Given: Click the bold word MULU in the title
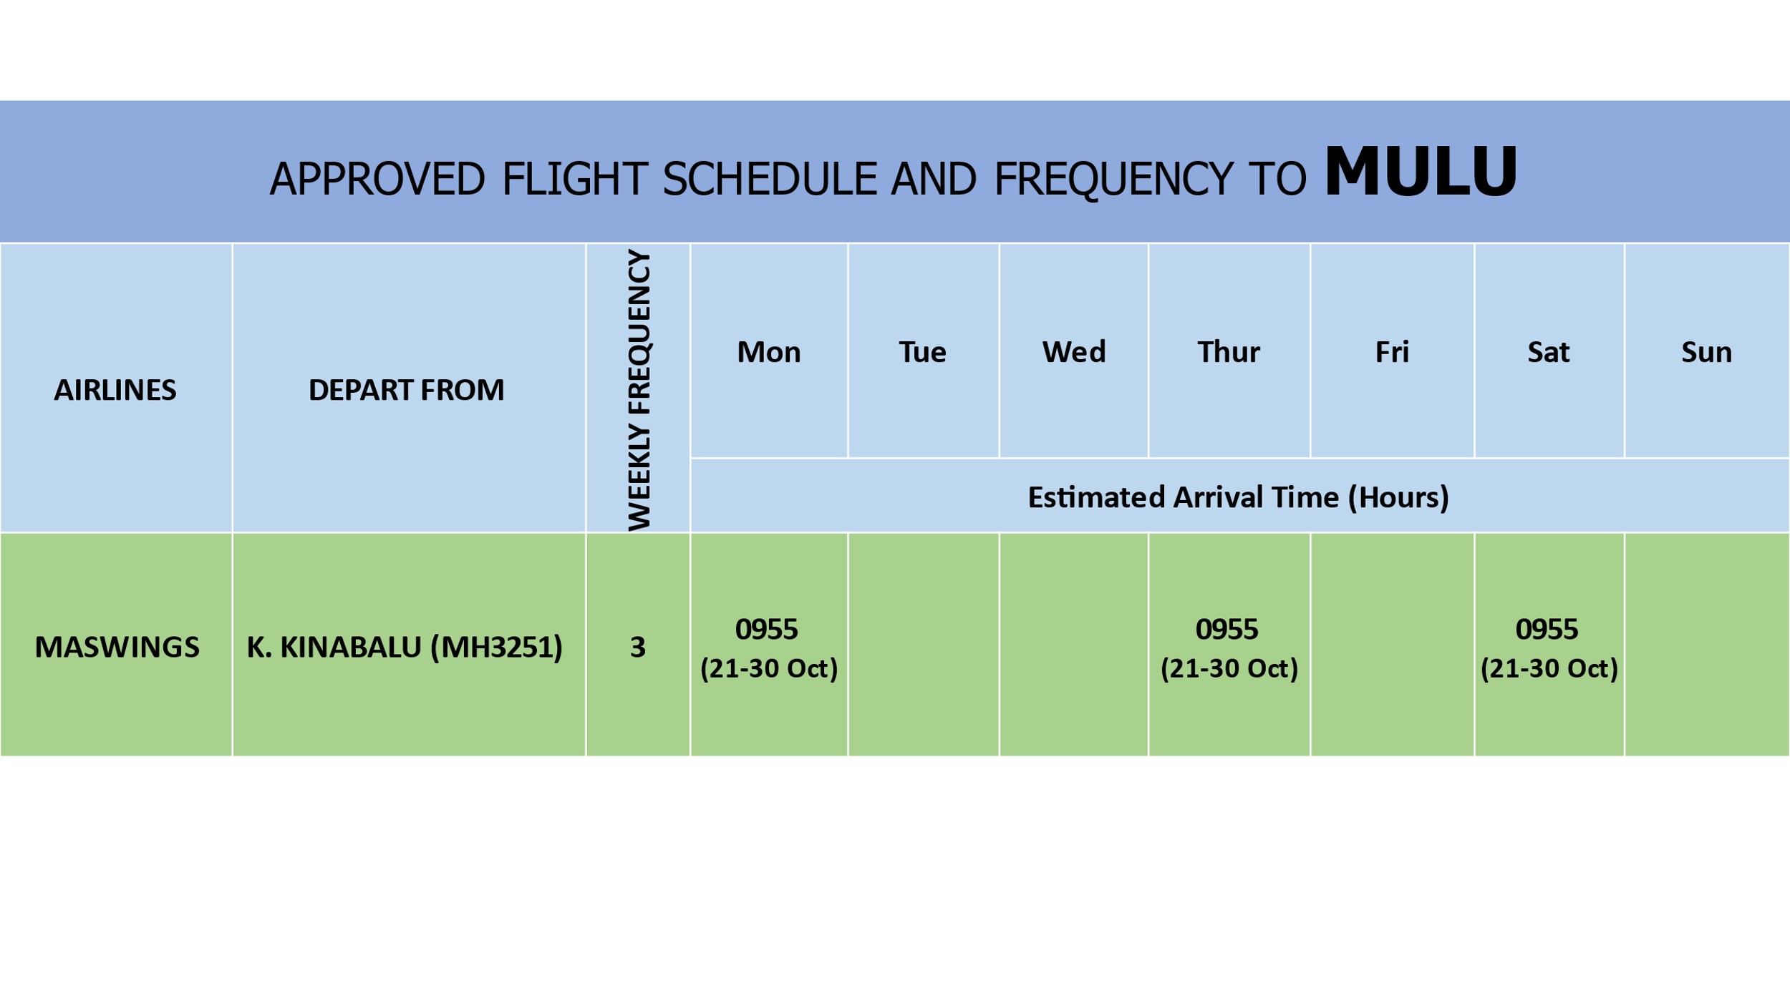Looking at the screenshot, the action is [1421, 171].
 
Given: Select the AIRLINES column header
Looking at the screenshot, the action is [115, 390].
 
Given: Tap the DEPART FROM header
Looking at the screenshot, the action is [407, 390].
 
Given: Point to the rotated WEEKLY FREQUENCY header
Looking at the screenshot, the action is [639, 390].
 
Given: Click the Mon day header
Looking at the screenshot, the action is [769, 352].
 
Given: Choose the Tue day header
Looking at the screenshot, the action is [923, 352].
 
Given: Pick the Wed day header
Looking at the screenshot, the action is [1074, 352].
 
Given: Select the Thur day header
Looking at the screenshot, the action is [1229, 352].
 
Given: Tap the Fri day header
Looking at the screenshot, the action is [1392, 352].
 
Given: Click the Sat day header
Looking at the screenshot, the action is [1549, 352].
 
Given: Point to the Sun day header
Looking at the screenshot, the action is [1707, 352].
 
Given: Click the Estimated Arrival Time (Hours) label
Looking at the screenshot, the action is [1239, 497].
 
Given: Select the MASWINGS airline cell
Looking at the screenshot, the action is [117, 648].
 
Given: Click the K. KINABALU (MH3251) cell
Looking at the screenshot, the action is [405, 648].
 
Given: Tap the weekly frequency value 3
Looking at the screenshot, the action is [638, 648].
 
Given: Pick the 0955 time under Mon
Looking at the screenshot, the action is [767, 630].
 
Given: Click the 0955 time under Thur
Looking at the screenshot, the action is [1227, 630].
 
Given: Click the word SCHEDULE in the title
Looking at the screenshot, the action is [770, 179].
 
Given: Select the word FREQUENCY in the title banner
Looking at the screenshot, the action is [1114, 180].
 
